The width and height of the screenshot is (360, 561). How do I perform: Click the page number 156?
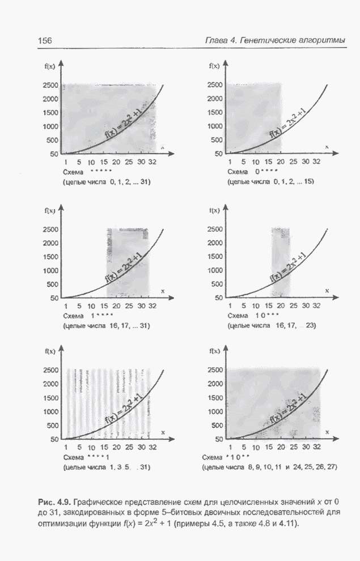[44, 40]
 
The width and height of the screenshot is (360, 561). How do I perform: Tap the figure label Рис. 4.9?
[53, 502]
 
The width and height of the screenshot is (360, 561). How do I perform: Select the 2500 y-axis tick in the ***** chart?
[50, 86]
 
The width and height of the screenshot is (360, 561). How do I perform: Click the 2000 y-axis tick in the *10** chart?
[215, 384]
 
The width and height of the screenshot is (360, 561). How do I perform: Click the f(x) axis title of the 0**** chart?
[214, 66]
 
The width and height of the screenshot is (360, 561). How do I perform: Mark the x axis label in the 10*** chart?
[327, 291]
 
